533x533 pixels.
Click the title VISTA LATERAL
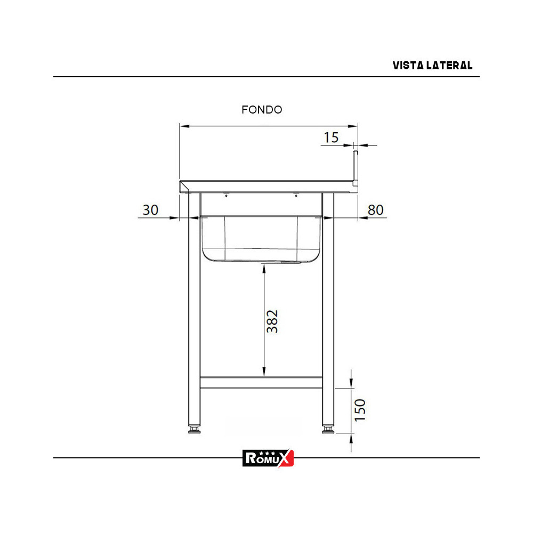coord(432,66)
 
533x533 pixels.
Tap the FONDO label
coord(262,110)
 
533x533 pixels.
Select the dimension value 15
coord(331,138)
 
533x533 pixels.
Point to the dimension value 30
coord(151,210)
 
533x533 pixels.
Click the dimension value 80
coord(376,210)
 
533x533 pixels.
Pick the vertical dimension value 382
coord(272,321)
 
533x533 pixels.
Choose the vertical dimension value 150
coord(360,409)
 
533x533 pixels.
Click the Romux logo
coord(268,458)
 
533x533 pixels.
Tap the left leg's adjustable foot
coord(195,429)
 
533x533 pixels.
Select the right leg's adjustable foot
coord(328,429)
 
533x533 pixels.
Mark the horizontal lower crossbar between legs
coord(261,383)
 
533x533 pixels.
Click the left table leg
coord(194,309)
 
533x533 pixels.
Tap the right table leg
coord(328,309)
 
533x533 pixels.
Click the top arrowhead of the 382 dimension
coord(264,268)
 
